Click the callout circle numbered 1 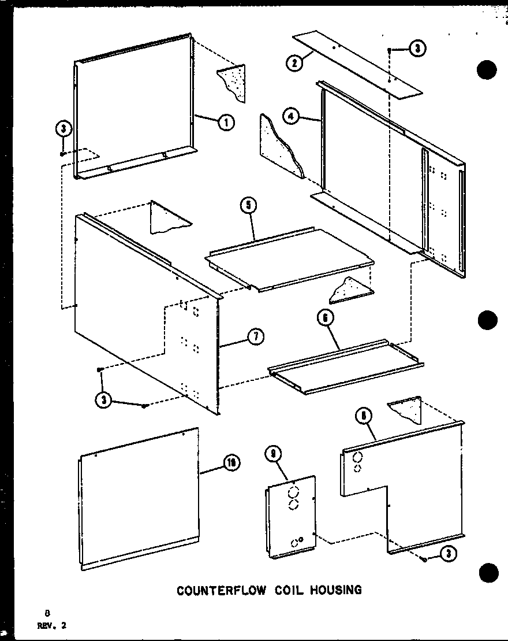click(226, 122)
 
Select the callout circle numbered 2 click(295, 63)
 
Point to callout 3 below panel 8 click(449, 554)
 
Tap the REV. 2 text click(51, 624)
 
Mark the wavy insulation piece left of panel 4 click(281, 145)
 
